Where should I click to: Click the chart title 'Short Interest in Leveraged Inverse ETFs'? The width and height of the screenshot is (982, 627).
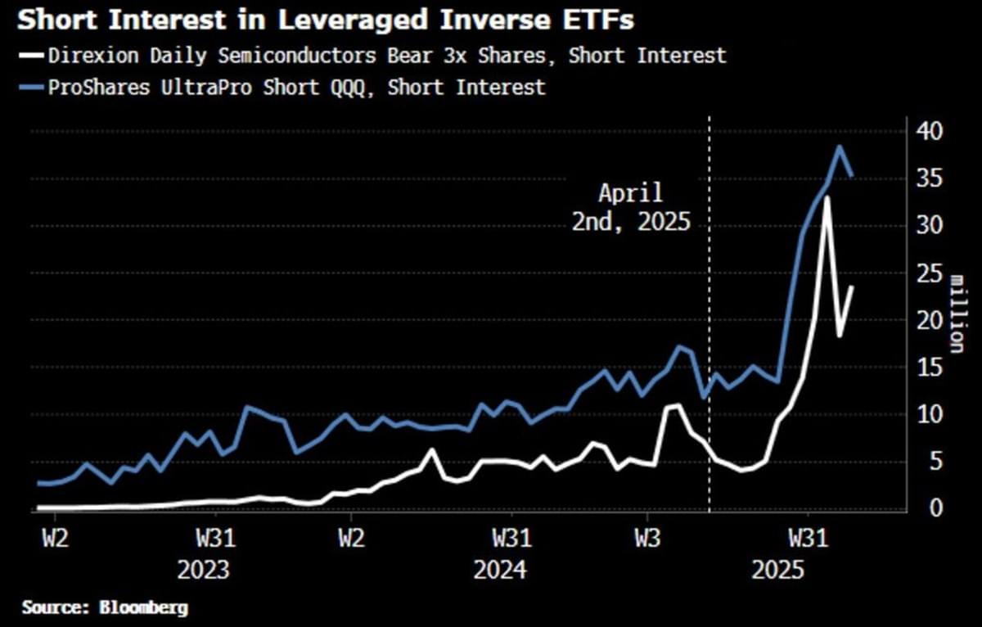click(325, 20)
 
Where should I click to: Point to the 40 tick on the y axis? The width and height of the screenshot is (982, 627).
click(930, 131)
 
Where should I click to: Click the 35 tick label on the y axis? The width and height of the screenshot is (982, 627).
click(930, 178)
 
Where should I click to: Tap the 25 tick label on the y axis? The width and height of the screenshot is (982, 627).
click(930, 273)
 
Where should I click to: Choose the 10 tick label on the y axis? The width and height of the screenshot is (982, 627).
click(930, 414)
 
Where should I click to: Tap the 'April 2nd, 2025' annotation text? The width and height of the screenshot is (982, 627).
click(629, 208)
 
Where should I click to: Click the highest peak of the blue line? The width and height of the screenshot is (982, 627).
click(840, 147)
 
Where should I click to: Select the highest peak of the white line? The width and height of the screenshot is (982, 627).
click(827, 197)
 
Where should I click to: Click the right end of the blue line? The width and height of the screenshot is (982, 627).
click(852, 175)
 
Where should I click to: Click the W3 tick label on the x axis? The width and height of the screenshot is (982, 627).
click(646, 540)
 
